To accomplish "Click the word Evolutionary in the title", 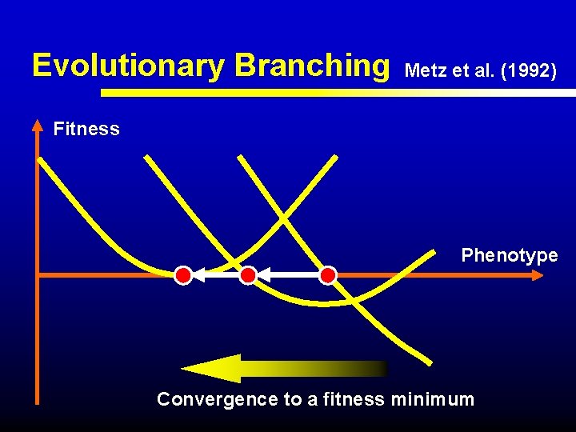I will click(x=129, y=66).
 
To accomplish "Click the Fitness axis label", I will click(x=86, y=129).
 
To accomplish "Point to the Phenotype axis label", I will click(x=509, y=255).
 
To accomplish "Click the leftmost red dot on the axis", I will click(x=183, y=276).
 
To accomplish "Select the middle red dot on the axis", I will click(x=248, y=276).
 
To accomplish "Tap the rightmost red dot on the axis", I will click(x=328, y=276).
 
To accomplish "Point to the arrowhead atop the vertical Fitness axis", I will click(x=38, y=125).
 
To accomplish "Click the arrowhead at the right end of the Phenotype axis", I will click(x=538, y=275).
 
